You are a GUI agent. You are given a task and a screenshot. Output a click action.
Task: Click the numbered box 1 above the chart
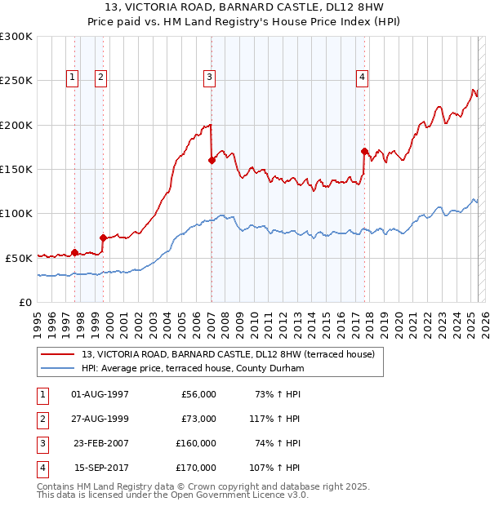[73, 78]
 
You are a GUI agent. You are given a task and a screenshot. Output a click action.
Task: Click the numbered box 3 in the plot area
[209, 78]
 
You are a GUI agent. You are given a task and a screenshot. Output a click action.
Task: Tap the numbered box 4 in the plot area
[361, 78]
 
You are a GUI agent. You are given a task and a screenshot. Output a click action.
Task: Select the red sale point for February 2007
[212, 161]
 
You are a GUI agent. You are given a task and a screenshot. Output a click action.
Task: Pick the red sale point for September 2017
[364, 151]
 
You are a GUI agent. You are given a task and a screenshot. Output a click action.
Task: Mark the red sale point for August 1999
[103, 237]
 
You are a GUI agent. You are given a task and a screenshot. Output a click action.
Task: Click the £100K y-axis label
[16, 213]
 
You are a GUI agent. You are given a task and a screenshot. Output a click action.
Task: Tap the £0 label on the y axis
[24, 302]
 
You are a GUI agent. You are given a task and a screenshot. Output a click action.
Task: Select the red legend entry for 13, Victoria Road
[228, 354]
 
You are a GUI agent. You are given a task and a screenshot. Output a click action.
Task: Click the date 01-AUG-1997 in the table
[100, 394]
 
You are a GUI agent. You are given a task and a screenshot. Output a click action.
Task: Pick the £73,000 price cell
[198, 419]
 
